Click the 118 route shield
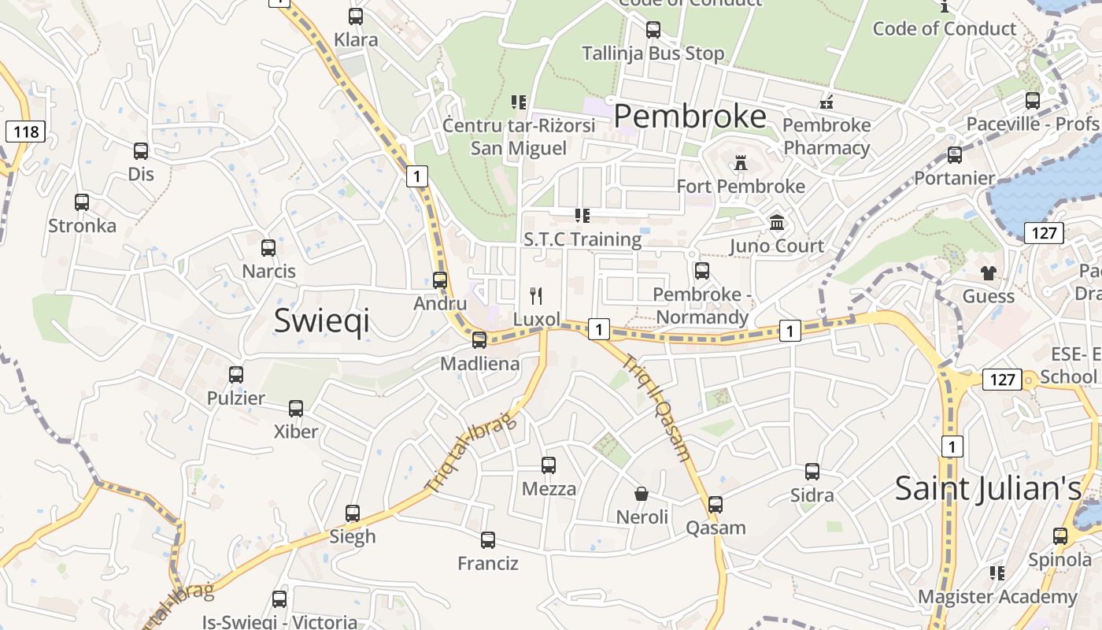point(25,131)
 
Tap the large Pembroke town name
point(690,117)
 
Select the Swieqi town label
point(321,321)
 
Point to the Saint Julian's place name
point(989,488)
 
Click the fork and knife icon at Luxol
point(536,296)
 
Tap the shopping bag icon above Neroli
point(642,494)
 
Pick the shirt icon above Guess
point(989,273)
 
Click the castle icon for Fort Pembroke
point(740,163)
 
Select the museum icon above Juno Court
point(777,223)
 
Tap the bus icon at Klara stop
point(356,17)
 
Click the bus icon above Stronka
point(82,202)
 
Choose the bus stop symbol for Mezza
point(549,465)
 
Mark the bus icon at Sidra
point(812,472)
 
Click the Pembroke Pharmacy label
point(826,136)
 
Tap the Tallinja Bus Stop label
point(653,54)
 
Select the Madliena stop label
point(479,364)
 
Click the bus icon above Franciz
point(488,540)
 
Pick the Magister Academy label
point(997,597)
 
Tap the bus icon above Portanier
point(955,155)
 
